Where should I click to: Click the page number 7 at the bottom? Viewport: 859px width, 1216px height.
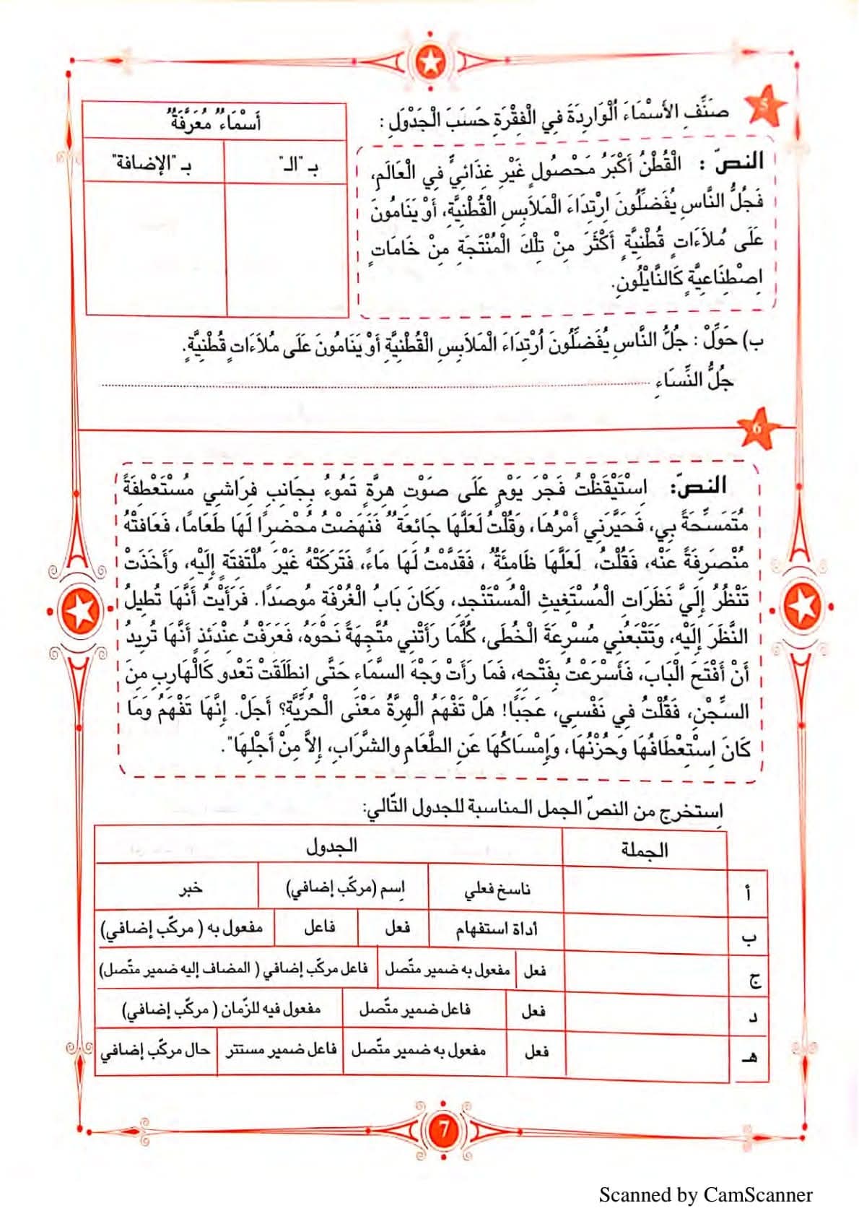(443, 1130)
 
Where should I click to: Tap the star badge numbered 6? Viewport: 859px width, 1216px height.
(756, 428)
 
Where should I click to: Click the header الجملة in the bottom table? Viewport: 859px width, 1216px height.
(645, 849)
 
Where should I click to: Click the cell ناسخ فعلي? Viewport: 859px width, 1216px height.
(497, 889)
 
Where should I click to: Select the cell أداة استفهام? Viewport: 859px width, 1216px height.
(497, 929)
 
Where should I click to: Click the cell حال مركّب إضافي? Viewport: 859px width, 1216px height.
(155, 1051)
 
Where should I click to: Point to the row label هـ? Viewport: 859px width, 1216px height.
(750, 1057)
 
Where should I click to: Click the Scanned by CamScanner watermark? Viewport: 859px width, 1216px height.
(705, 1195)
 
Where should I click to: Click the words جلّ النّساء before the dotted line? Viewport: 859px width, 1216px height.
(696, 381)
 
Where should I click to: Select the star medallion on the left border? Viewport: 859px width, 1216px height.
(80, 612)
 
